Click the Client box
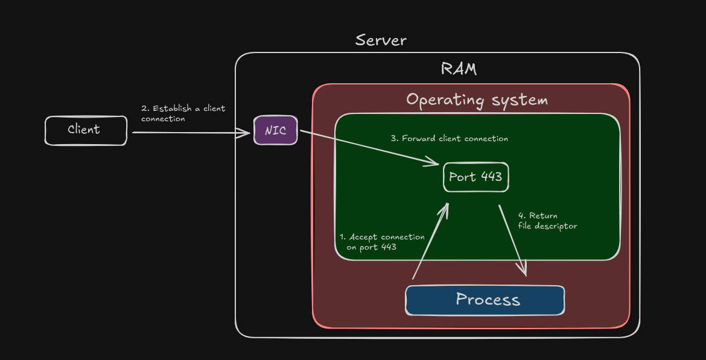[86, 130]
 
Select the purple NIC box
[275, 130]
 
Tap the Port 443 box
[475, 177]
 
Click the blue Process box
[485, 300]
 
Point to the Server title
[381, 40]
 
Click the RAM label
[459, 69]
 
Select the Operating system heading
[477, 99]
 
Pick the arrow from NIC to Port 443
[368, 147]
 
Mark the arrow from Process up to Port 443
[430, 241]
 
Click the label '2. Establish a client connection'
[183, 113]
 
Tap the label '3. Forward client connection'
[450, 139]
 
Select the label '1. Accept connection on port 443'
[381, 242]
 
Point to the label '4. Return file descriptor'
[547, 221]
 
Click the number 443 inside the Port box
[491, 177]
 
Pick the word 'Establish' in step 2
[172, 109]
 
